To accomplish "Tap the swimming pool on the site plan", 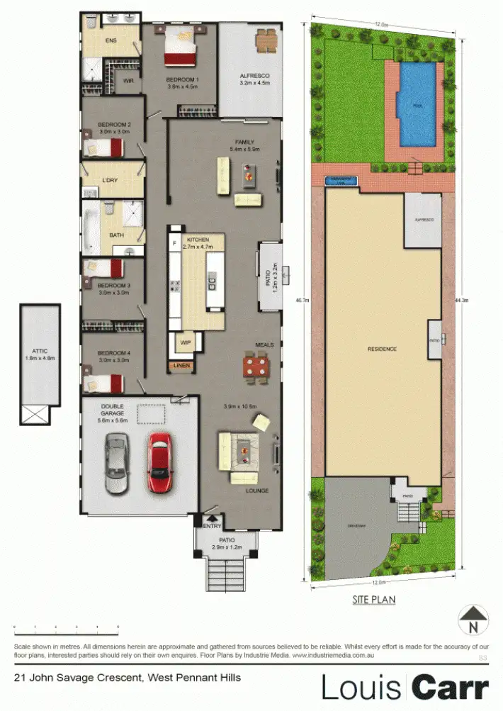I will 416,103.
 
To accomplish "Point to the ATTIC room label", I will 39,349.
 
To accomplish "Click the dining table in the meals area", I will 256,367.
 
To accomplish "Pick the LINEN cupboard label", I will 181,366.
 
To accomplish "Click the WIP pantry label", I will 186,342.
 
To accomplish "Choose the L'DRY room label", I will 110,180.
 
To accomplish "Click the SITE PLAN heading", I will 373,600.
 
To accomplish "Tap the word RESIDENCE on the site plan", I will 382,349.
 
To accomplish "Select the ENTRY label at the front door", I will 213,526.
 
